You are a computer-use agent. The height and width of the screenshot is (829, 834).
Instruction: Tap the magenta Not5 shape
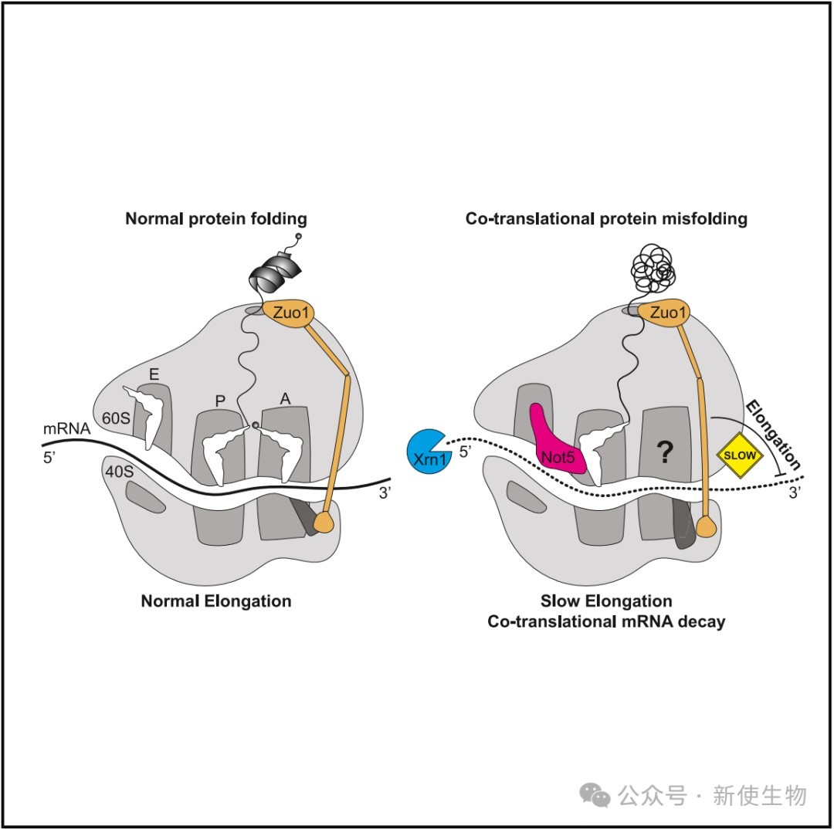point(556,444)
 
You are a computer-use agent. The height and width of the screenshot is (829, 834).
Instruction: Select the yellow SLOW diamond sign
point(740,455)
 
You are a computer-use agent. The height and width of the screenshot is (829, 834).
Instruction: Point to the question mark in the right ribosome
point(664,452)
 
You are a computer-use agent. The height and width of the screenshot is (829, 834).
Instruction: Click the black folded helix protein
point(276,270)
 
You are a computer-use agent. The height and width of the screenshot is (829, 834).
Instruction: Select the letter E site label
point(154,374)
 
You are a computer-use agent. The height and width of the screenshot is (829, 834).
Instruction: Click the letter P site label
point(220,401)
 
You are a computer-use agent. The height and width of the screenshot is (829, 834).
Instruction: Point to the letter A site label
point(286,399)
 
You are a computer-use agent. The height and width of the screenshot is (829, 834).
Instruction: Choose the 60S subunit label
point(116,418)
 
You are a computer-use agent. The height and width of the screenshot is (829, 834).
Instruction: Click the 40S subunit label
point(119,471)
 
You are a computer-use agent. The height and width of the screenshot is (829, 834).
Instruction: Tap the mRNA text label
point(66,428)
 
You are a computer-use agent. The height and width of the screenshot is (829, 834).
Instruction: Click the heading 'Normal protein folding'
point(216,218)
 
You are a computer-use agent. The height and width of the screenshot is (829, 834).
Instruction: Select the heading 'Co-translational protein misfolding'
point(606,218)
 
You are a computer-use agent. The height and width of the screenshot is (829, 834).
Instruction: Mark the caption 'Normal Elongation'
point(216,601)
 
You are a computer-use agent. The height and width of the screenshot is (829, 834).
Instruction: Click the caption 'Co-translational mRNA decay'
point(606,621)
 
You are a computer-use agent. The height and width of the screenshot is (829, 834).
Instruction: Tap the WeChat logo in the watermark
point(595,795)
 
